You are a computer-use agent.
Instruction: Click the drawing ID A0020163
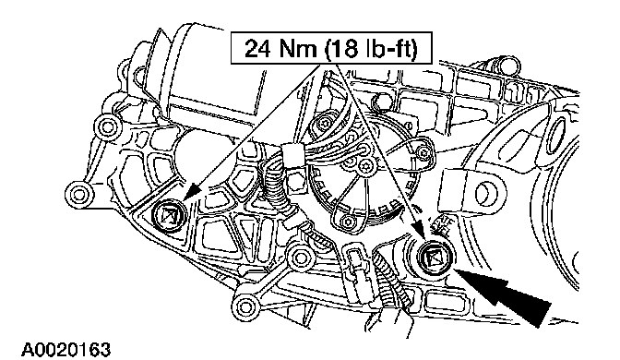66,350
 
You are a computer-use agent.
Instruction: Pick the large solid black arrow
504,293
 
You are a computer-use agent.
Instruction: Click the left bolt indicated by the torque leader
169,216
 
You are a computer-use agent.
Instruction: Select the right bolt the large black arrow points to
434,258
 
